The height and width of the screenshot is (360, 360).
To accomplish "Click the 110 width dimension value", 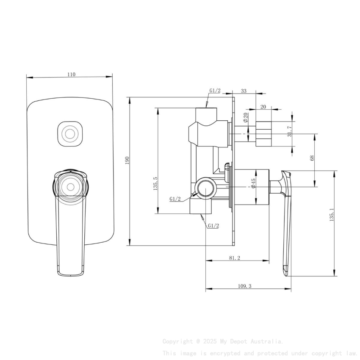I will coord(71,74).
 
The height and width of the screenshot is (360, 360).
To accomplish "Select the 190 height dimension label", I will coord(127,160).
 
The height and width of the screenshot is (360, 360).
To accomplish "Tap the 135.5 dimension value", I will coord(156,183).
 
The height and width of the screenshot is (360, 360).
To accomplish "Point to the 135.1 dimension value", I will coord(332,215).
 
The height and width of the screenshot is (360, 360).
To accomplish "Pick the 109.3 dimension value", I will coord(244,286).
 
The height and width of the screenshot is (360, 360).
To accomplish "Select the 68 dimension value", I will coord(312,158).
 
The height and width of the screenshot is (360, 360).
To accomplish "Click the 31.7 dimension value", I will coord(289,131).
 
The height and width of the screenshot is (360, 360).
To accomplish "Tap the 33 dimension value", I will coord(244,91).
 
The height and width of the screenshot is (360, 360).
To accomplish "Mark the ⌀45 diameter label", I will coord(253,184).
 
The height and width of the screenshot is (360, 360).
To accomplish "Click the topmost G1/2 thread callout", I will coord(215,91).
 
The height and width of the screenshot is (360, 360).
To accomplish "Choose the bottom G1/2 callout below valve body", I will coord(213,226).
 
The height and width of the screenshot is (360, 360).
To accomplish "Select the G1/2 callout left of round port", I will coord(175,199).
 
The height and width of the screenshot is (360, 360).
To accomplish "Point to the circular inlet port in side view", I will coord(205,187).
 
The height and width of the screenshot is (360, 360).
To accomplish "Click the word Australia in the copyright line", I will coord(267,341).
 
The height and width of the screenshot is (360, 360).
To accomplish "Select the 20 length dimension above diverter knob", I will coord(263,107).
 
